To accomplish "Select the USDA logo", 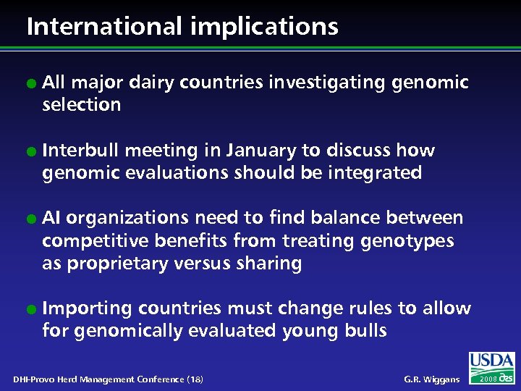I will point(491,361).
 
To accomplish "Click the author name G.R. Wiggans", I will point(432,379).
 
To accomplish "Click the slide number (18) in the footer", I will point(195,379).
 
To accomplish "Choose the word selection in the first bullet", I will point(82,105).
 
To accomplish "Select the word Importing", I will point(88,309).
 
